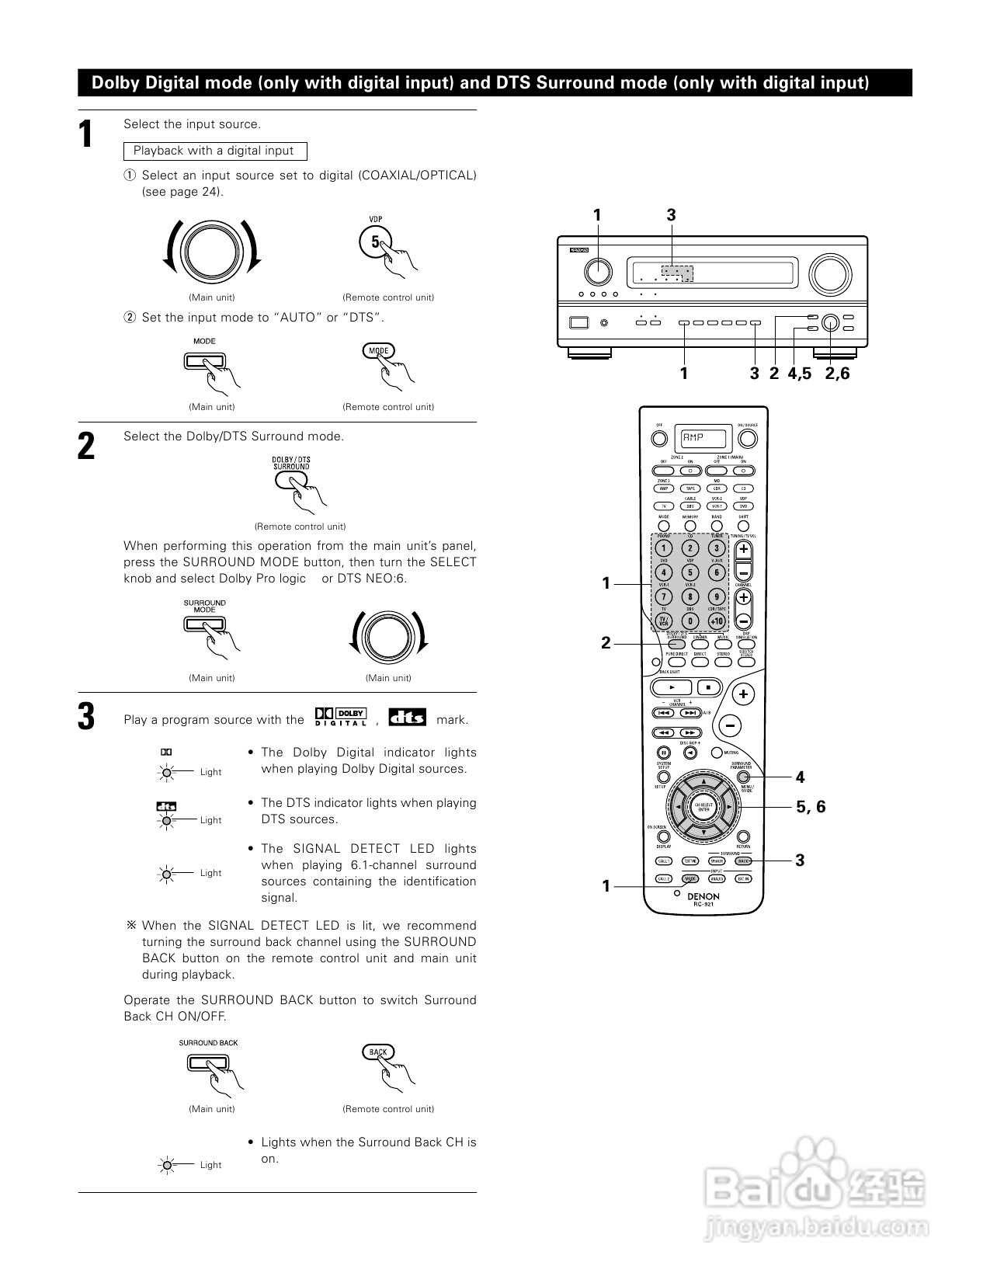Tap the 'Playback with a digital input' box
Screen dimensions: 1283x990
214,151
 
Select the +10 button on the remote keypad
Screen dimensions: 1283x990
716,621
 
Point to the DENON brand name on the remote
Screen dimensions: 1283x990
703,896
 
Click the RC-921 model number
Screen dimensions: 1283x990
703,905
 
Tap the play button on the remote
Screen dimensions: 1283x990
672,687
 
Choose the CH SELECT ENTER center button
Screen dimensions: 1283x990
703,808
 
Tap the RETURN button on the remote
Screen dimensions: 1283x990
743,837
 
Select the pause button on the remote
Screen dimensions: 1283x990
664,753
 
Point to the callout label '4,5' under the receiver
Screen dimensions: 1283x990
799,374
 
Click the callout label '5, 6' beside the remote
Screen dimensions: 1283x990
811,807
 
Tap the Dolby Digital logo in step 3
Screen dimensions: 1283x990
340,718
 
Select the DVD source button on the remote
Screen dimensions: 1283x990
743,506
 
